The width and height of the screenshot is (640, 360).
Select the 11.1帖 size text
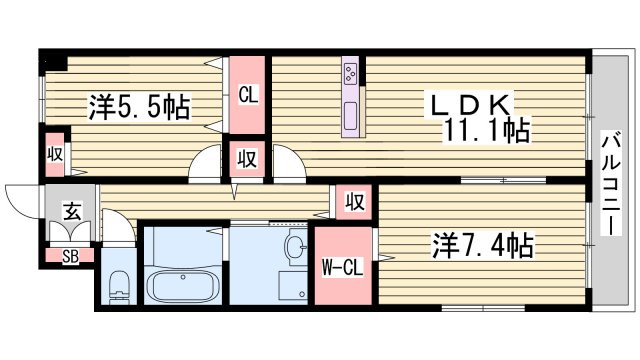(x=488, y=130)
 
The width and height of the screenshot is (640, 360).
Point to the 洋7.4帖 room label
(x=482, y=245)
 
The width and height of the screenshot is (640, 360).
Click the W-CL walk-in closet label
(x=341, y=267)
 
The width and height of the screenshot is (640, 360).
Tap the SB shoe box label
(x=70, y=256)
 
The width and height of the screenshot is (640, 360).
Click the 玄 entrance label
(x=72, y=211)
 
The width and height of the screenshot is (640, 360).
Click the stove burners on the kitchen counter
(x=351, y=73)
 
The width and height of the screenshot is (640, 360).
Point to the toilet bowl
(x=118, y=285)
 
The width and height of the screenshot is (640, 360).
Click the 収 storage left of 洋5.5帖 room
(x=55, y=154)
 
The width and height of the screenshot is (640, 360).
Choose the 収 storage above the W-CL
(x=354, y=200)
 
